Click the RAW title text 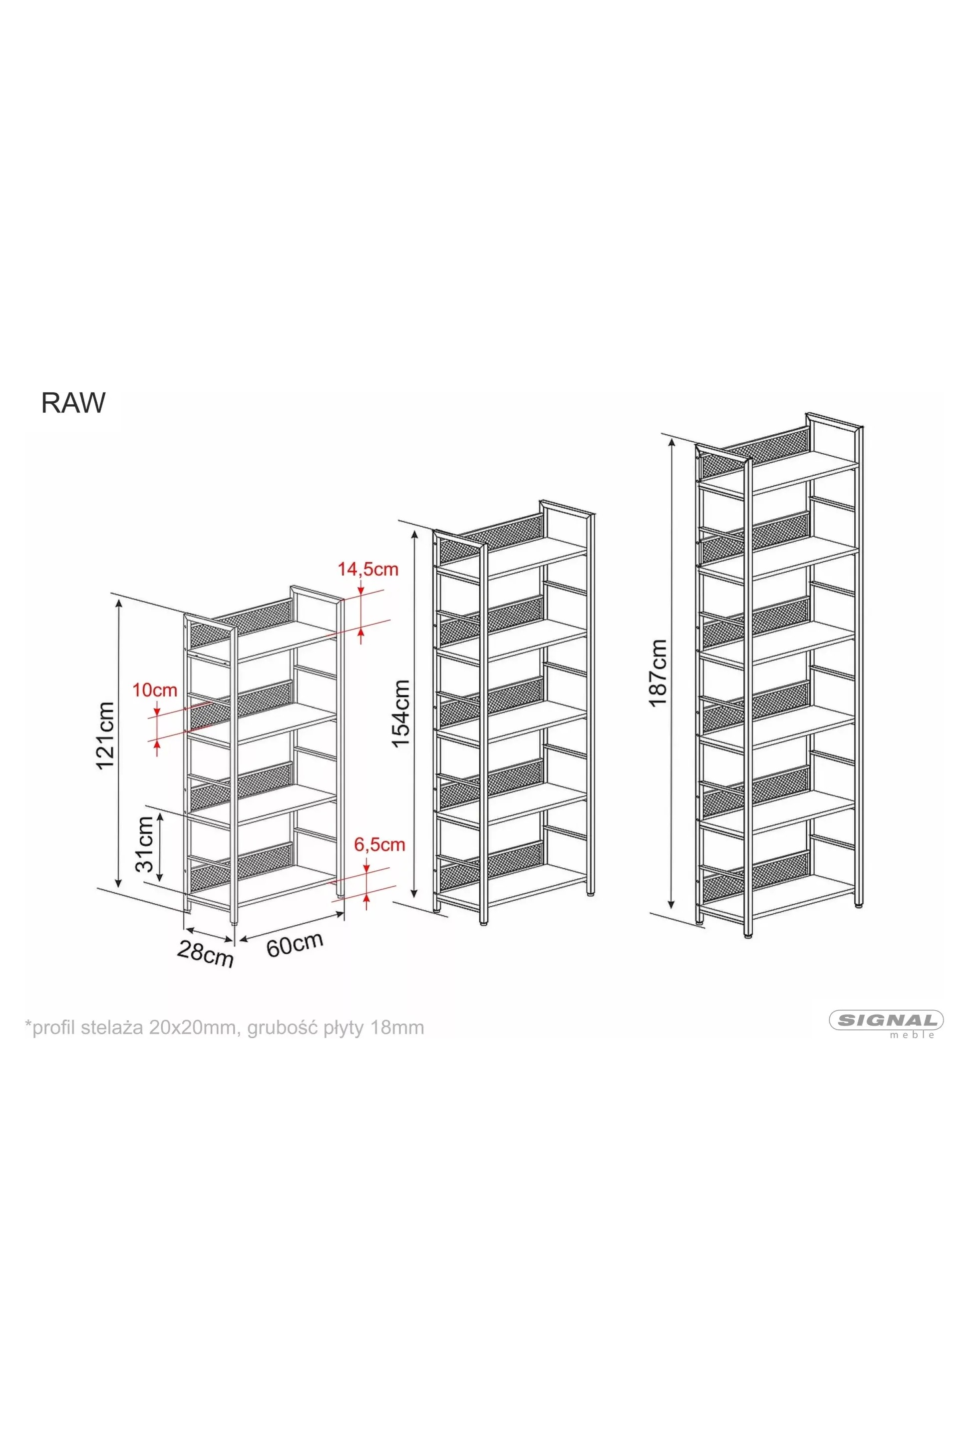click(x=73, y=403)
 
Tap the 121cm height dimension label click(x=105, y=735)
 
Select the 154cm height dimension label click(x=400, y=714)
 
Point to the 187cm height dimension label click(x=657, y=673)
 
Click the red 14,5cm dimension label click(x=367, y=569)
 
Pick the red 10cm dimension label click(x=155, y=690)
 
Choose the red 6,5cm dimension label click(x=379, y=844)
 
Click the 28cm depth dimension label click(x=205, y=954)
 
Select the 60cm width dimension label click(x=295, y=944)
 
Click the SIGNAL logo click(x=886, y=1021)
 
